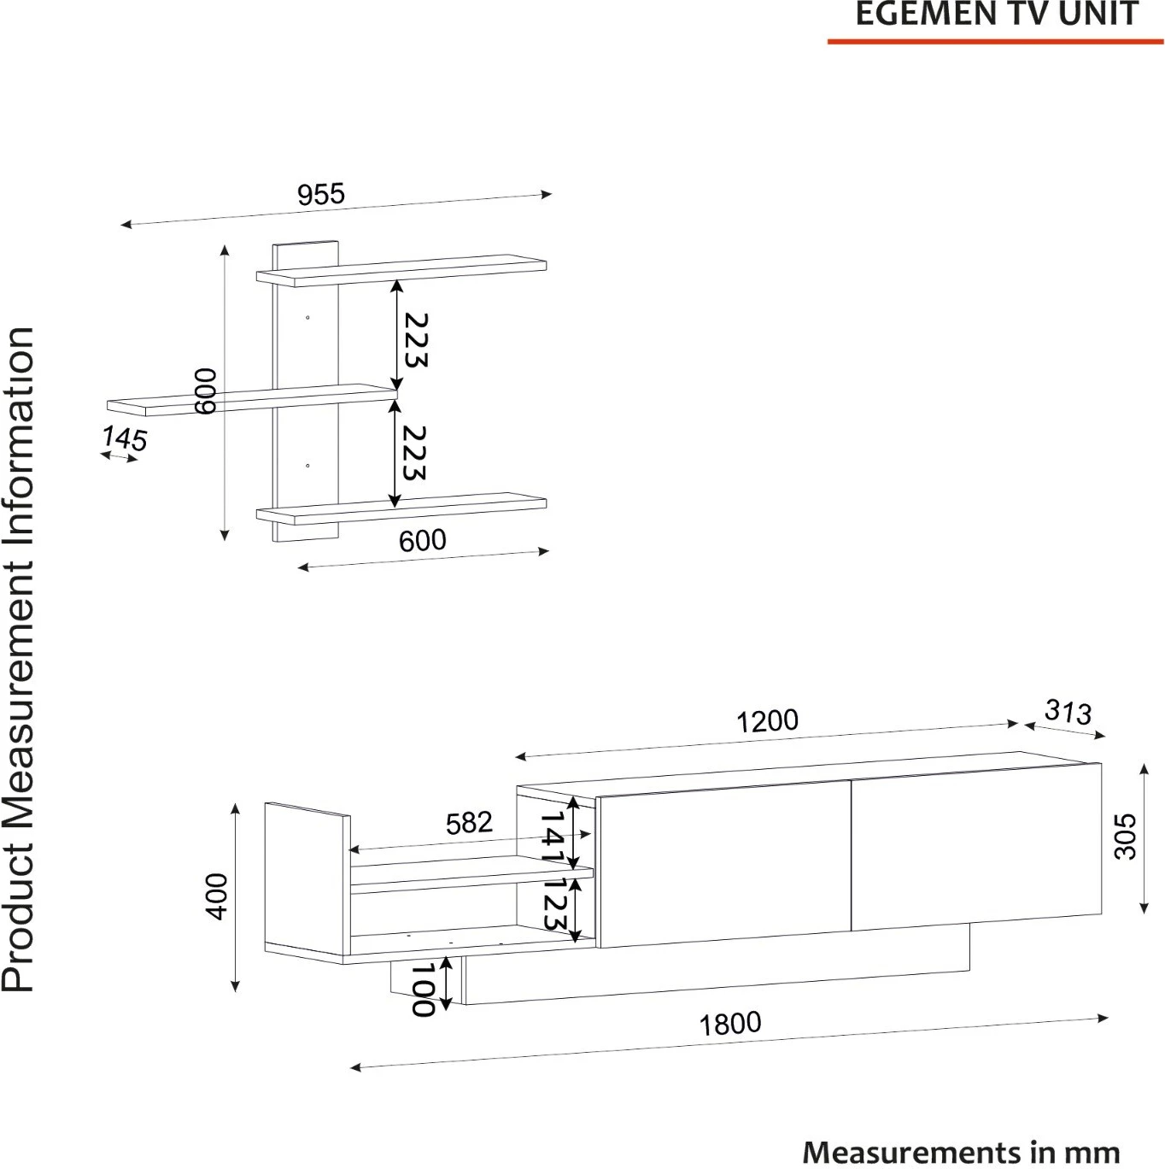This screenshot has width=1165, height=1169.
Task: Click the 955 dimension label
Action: point(321,194)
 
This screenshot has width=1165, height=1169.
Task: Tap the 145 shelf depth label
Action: point(125,438)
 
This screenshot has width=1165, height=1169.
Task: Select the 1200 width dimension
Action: point(766,721)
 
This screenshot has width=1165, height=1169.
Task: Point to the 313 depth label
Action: point(1068,712)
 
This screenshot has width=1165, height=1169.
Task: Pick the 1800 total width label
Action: point(729,1024)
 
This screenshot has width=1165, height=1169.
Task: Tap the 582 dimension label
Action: point(469,823)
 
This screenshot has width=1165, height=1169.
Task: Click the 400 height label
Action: point(216,896)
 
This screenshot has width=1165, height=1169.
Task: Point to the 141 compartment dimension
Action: point(553,837)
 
